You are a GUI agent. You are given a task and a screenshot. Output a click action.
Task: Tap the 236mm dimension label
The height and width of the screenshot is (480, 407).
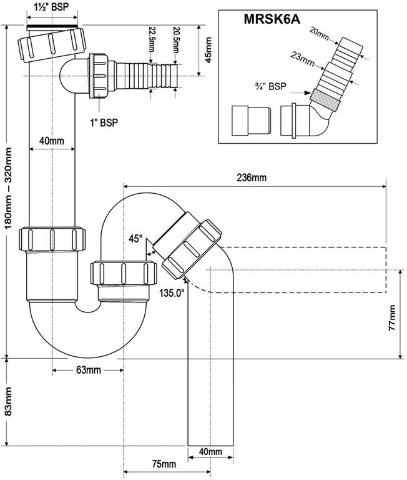pyautogui.click(x=251, y=178)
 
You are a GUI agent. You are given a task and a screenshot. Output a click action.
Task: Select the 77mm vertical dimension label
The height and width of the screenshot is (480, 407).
pyautogui.click(x=391, y=319)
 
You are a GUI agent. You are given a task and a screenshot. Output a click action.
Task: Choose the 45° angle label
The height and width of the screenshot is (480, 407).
pyautogui.click(x=135, y=238)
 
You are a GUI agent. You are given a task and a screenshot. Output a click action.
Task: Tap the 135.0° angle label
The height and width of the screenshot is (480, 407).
pyautogui.click(x=172, y=292)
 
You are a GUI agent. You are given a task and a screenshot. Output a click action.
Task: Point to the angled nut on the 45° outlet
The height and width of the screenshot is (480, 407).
pyautogui.click(x=194, y=246)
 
